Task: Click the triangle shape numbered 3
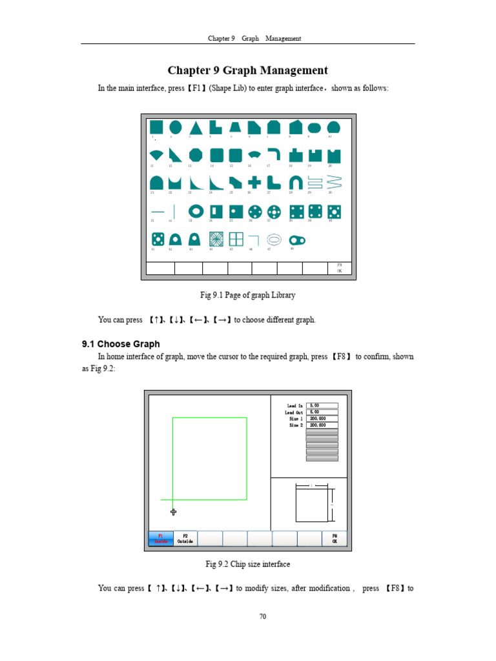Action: tap(196, 128)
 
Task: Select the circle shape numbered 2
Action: tap(175, 127)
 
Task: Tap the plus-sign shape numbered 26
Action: tap(254, 183)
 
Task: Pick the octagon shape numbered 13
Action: tap(196, 155)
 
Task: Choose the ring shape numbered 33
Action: tap(196, 211)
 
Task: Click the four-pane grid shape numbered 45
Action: tap(236, 239)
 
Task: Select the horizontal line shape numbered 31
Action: tap(157, 211)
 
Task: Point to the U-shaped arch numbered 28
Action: tap(295, 183)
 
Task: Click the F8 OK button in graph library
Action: tap(340, 268)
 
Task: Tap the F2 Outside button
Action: tap(185, 538)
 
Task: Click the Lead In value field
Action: tap(322, 405)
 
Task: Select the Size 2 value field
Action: tap(322, 425)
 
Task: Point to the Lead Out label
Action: tap(293, 412)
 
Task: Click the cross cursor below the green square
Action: tap(173, 512)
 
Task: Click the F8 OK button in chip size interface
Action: tap(335, 538)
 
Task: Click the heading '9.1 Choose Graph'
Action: tap(120, 344)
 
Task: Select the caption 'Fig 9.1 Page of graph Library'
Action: tap(247, 295)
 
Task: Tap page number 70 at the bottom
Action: tap(263, 616)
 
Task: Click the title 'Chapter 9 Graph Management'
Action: tap(248, 71)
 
